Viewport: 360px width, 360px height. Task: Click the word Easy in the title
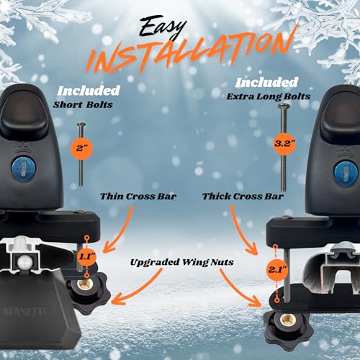click(163, 27)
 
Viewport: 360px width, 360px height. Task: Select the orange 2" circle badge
click(81, 148)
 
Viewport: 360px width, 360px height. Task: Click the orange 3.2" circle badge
click(284, 143)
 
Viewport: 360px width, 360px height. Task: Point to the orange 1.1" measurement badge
click(87, 257)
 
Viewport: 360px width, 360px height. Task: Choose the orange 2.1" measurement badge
click(277, 269)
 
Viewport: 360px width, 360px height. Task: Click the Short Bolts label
click(83, 105)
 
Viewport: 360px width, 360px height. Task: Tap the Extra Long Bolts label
click(269, 96)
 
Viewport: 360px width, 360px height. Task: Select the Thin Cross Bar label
click(138, 197)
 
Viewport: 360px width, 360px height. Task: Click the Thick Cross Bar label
click(243, 197)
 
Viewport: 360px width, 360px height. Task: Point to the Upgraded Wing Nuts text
click(181, 262)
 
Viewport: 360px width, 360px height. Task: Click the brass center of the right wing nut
click(287, 320)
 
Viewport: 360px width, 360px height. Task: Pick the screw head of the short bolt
click(81, 125)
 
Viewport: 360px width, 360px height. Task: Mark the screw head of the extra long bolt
click(284, 106)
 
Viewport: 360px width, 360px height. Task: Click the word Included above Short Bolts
click(89, 91)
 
